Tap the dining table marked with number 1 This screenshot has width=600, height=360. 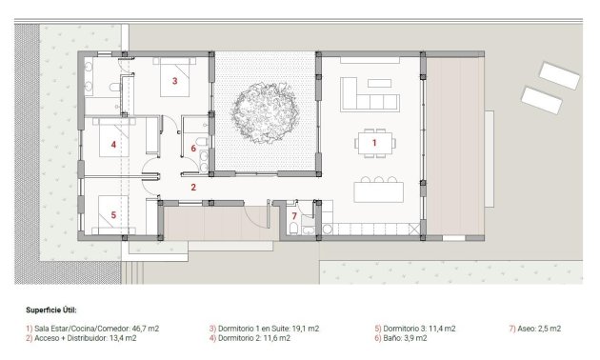tap(373, 143)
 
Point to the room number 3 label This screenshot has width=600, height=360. tap(174, 82)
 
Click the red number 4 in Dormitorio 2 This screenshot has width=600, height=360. tap(113, 146)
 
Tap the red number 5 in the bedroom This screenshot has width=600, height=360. tap(113, 215)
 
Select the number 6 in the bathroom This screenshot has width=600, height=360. tap(193, 149)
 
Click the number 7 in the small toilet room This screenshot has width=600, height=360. tap(294, 217)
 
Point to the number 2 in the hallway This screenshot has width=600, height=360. tap(192, 188)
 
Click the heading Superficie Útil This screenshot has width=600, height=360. tap(51, 310)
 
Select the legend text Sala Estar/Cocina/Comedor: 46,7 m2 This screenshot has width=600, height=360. tap(92, 328)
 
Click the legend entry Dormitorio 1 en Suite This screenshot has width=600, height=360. tap(264, 328)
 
